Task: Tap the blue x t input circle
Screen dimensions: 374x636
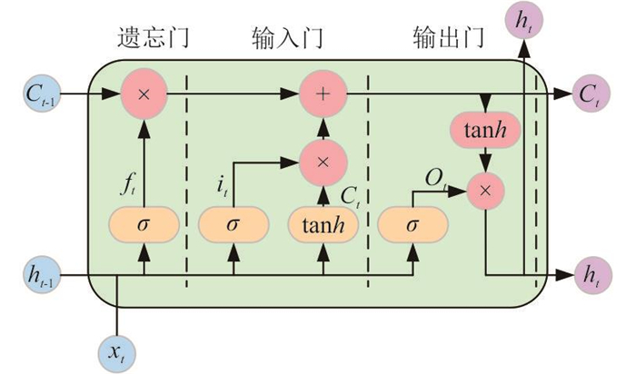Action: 119,352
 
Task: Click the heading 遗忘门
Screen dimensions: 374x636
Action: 158,37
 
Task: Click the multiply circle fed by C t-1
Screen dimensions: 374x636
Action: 143,93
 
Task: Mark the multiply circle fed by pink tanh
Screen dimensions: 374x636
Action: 487,189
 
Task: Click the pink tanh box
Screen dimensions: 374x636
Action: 487,133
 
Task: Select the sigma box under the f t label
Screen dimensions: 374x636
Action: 143,224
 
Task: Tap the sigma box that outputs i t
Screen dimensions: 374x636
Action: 233,224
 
